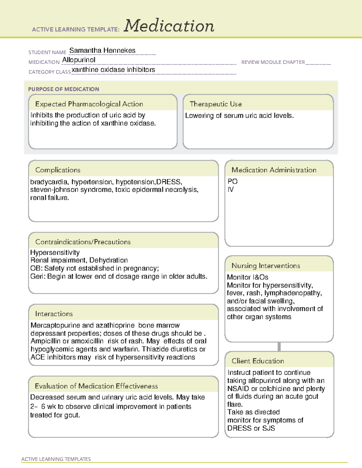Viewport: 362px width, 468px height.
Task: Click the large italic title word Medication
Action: [x=169, y=26]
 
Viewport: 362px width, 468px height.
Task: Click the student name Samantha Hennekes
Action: [x=102, y=51]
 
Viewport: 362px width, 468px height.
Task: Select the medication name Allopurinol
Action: [x=79, y=60]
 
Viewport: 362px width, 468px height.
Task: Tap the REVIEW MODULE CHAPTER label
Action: [x=273, y=62]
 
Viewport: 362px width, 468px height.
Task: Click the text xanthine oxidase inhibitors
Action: [x=113, y=70]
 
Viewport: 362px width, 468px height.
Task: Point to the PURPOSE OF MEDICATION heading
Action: [x=63, y=89]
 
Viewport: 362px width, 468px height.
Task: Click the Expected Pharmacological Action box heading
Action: [x=89, y=104]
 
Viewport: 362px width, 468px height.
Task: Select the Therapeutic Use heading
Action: [x=216, y=104]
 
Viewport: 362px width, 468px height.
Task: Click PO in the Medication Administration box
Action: [x=233, y=181]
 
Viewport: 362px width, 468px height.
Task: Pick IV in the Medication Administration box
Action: [x=230, y=190]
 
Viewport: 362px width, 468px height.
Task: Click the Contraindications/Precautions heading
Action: [x=83, y=242]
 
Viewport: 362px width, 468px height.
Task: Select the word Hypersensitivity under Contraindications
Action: [x=55, y=253]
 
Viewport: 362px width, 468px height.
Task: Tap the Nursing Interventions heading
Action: [x=266, y=266]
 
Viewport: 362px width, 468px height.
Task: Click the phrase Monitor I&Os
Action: [x=247, y=277]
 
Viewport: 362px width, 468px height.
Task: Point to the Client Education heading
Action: [x=258, y=361]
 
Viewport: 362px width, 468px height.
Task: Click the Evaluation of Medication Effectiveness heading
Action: [x=96, y=386]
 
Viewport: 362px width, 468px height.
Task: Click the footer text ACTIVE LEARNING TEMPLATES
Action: [x=56, y=459]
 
